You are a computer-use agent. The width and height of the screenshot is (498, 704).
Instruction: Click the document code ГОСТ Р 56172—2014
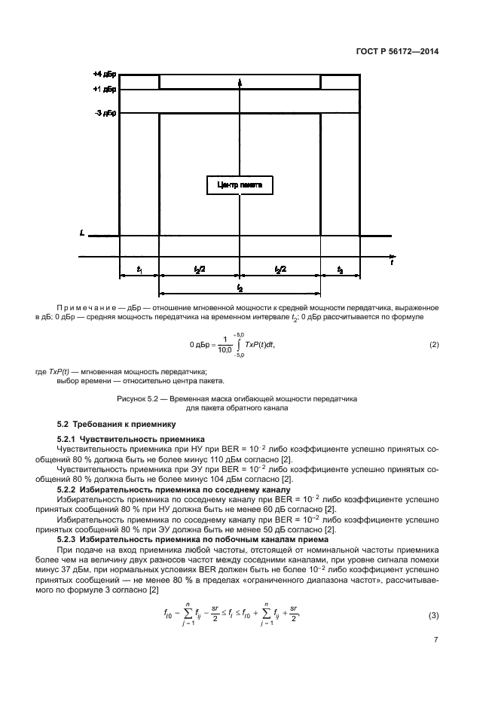396,52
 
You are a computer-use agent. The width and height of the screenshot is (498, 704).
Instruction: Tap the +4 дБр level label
103,75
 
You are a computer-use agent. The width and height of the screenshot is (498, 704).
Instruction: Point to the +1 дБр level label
103,90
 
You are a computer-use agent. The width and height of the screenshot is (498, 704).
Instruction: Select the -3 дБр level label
103,113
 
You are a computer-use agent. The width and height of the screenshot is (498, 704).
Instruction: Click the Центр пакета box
240,184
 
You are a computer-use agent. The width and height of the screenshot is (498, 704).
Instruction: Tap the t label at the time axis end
391,263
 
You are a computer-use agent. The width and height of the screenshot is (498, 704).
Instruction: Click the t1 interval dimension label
139,270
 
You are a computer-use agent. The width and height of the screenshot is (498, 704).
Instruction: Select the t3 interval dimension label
340,270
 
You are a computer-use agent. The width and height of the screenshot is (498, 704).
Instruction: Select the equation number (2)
433,345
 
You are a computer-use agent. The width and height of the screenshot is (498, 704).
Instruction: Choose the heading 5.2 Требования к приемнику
116,424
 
